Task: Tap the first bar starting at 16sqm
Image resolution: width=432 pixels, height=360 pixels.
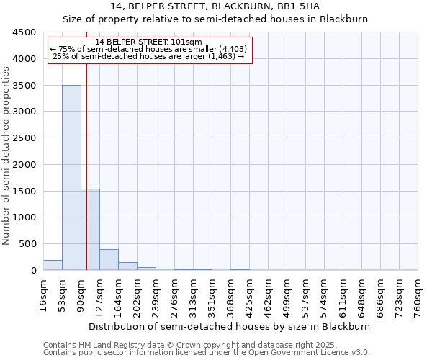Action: point(53,265)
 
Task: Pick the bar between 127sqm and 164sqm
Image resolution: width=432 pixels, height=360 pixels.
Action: point(109,260)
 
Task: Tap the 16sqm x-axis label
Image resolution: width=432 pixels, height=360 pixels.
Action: point(44,295)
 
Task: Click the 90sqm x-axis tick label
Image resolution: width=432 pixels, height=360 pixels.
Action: point(81,295)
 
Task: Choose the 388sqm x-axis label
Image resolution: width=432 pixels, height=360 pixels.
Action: point(231,295)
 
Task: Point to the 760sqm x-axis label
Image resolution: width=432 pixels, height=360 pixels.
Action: point(418,295)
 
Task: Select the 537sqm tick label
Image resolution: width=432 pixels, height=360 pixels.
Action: point(306,295)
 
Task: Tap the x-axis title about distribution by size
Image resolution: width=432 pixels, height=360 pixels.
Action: point(230,326)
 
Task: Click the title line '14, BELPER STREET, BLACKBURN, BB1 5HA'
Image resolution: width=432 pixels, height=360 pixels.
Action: point(215,6)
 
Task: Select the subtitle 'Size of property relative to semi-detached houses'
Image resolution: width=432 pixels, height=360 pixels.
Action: point(215,19)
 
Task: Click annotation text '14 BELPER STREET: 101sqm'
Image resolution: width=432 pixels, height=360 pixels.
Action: point(148,42)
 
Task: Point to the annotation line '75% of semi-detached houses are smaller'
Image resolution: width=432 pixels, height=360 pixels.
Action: point(148,49)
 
